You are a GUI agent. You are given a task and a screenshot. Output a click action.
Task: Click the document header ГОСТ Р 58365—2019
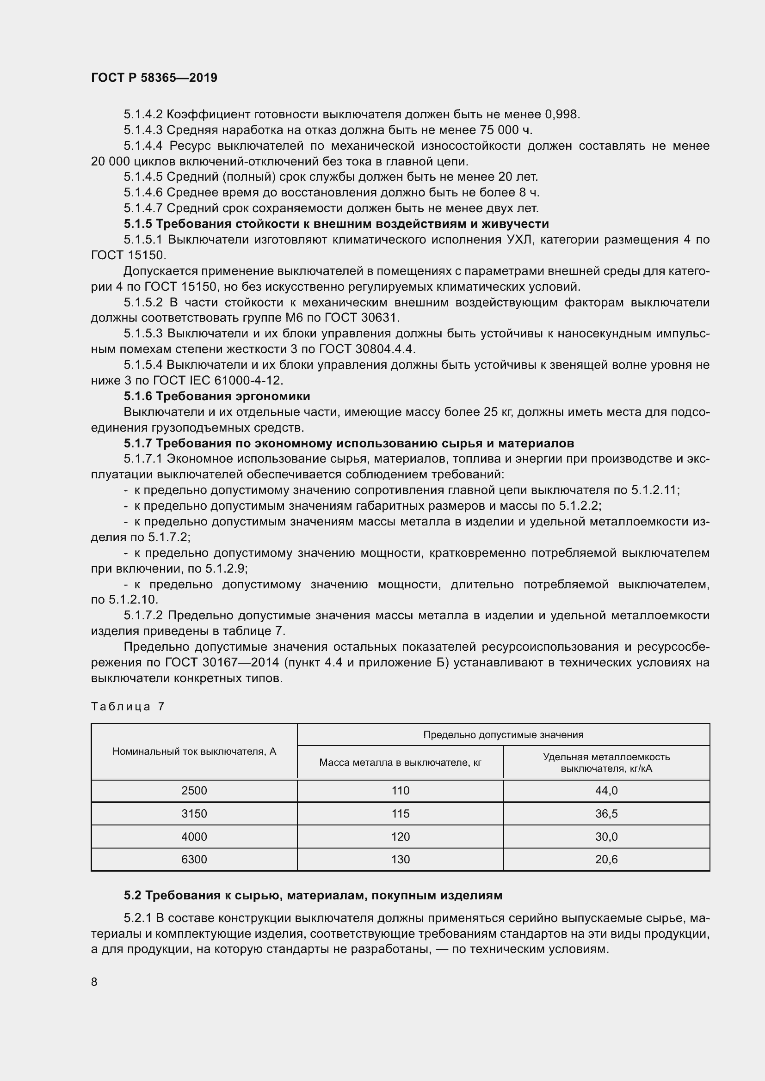click(154, 78)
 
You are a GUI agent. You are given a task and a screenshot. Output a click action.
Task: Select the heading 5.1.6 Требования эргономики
click(216, 396)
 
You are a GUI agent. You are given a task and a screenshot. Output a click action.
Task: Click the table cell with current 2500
click(194, 790)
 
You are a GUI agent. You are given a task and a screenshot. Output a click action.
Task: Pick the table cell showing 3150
click(194, 813)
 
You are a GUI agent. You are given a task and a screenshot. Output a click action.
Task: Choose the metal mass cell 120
click(400, 837)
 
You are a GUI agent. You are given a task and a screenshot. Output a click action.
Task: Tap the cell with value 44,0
click(606, 790)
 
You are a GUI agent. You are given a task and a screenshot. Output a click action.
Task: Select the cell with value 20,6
click(606, 860)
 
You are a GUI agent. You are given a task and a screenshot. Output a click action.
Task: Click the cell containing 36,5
click(606, 813)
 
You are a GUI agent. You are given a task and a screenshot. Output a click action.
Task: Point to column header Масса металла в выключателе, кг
click(400, 762)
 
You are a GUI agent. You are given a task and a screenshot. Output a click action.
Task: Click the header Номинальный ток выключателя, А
click(194, 751)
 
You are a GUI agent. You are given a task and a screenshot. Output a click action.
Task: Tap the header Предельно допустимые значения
click(503, 734)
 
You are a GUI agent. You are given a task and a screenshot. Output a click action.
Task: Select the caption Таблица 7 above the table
click(128, 706)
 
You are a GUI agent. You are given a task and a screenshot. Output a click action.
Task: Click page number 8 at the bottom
click(94, 982)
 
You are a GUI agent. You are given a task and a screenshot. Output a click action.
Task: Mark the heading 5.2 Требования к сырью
click(313, 896)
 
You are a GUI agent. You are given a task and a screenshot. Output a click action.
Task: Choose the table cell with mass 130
click(400, 860)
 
